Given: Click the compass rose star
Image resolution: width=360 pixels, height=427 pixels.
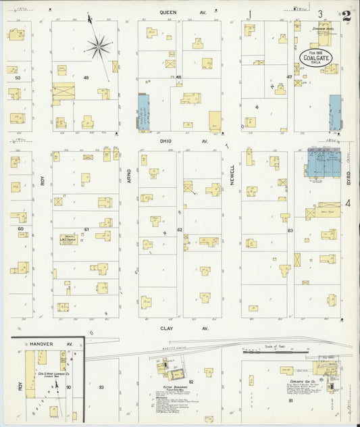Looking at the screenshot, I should [99, 46].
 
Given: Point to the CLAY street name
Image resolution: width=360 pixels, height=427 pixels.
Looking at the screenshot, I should [166, 328].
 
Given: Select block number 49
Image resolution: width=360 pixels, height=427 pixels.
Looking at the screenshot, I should [86, 78].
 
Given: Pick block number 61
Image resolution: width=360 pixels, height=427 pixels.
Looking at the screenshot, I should [86, 230].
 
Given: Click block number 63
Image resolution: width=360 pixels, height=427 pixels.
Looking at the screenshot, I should [289, 230].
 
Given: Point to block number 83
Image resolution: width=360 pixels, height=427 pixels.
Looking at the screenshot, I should [101, 387].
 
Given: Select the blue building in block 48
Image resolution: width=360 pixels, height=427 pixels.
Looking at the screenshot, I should [143, 112].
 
